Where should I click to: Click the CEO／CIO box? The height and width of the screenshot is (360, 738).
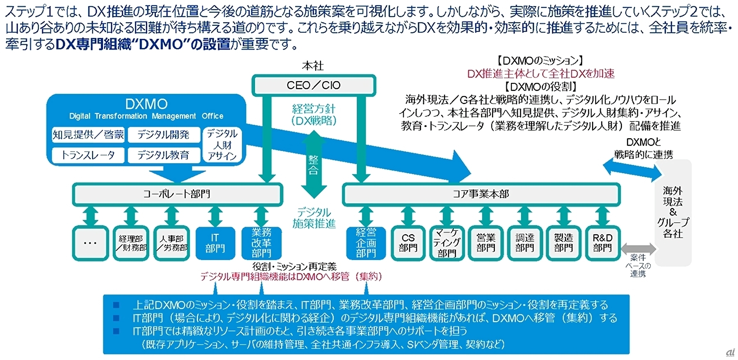tap(314, 85)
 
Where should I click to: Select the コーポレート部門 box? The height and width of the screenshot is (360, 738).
tap(177, 194)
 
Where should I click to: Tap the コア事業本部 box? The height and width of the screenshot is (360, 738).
tap(481, 194)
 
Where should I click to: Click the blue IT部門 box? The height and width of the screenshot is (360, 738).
tap(215, 243)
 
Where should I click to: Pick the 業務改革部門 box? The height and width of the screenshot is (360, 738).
tap(261, 243)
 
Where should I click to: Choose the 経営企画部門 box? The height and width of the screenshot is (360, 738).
tap(366, 243)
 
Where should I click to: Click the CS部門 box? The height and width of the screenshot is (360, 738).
tap(408, 243)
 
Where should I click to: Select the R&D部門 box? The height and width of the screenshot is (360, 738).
tap(602, 243)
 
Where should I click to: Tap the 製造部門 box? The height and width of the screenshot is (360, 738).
tap(563, 243)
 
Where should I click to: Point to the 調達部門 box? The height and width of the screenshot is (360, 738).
tap(524, 243)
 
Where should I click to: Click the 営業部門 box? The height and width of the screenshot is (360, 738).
tap(486, 243)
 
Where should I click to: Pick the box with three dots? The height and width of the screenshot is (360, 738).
tap(90, 243)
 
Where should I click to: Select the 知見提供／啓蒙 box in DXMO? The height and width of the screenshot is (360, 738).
tap(88, 134)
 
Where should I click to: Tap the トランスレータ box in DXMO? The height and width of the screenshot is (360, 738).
tap(88, 155)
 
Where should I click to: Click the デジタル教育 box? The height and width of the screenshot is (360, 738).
tap(164, 155)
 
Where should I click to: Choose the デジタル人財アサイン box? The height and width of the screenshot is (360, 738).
tap(222, 145)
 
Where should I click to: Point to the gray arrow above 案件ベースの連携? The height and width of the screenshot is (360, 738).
tap(638, 248)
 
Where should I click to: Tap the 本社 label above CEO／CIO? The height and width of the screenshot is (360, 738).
tap(313, 66)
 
